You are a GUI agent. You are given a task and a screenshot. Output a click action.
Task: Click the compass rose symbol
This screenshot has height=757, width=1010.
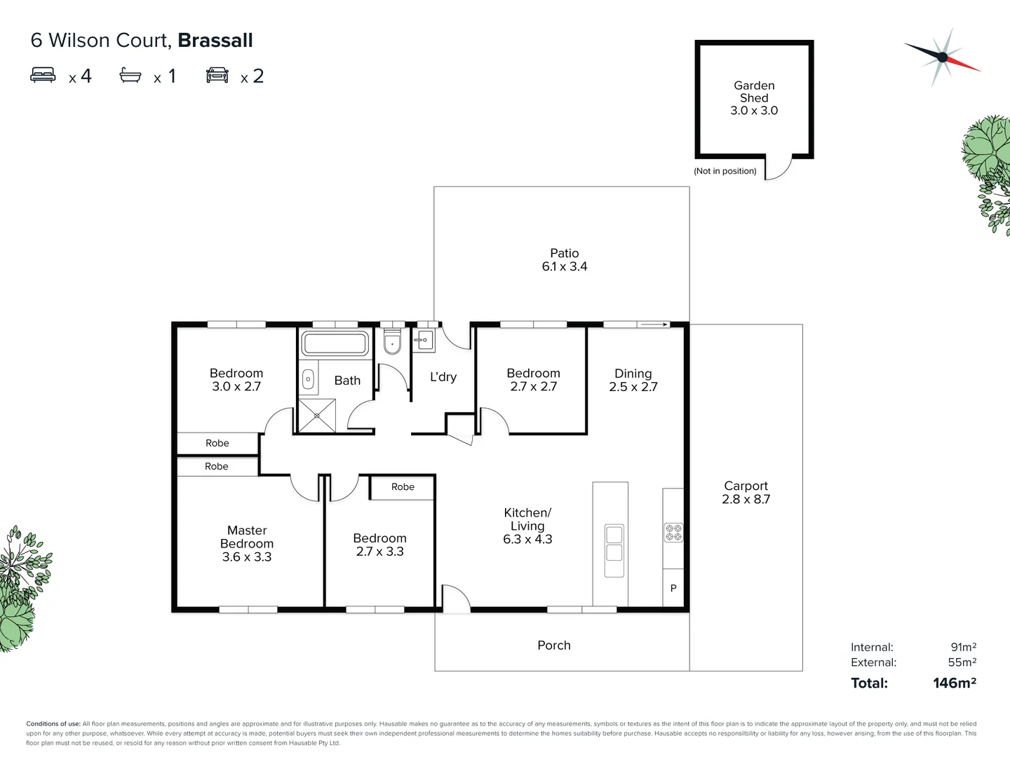pos(942,57)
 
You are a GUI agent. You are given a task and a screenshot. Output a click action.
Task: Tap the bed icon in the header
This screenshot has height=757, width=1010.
pos(43,75)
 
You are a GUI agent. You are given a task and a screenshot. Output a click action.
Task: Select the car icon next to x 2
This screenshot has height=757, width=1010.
pos(217,75)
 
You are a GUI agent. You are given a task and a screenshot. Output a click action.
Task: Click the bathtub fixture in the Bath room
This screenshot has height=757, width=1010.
pos(335,344)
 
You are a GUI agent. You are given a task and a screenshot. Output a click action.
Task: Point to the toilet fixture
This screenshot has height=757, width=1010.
pos(392,341)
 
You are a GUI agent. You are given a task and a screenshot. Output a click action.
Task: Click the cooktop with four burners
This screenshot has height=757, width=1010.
pos(673,533)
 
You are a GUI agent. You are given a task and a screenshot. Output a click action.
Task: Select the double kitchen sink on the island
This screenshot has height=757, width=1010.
pos(614,543)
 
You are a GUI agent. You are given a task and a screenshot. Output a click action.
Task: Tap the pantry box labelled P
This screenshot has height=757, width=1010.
pos(673,588)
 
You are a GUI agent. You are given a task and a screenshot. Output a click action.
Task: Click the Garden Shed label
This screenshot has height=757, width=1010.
pos(754,97)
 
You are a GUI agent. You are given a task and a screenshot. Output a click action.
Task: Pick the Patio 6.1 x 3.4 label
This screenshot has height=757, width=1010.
pos(565,259)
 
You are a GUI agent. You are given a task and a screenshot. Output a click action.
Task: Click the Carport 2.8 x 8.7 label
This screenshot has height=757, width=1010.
pos(746,492)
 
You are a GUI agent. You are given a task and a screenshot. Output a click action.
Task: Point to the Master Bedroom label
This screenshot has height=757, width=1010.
pos(247,543)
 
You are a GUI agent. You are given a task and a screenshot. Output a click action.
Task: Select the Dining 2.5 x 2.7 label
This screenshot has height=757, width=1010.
pos(633,380)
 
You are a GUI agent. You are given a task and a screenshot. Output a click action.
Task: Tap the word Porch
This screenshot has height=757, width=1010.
pos(554,646)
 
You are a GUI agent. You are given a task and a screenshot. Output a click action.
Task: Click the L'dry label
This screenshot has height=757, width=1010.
pos(443,377)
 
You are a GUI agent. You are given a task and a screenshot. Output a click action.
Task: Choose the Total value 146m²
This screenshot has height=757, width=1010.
pos(954,683)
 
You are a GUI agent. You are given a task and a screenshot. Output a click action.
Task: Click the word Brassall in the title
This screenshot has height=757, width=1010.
pos(215,41)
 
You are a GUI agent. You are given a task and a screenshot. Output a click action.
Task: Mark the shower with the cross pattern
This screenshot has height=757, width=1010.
pos(317,416)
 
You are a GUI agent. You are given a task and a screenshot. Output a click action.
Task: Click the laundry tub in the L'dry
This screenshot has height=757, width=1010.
pos(424,341)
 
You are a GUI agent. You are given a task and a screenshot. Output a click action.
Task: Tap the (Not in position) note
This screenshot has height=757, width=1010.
pos(725,171)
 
